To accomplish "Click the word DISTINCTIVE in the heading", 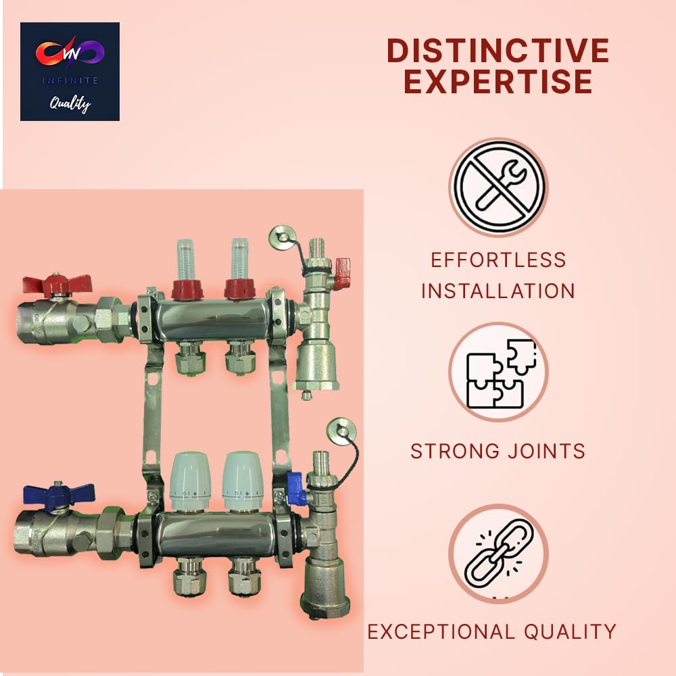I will coord(498,51).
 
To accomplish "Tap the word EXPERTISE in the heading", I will coord(498,82).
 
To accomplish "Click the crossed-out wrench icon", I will coord(498,187).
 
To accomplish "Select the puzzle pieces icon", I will coord(498,372).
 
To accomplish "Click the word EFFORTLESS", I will coord(498,260).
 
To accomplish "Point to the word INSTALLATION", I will coord(498,291).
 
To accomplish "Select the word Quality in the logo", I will coord(70,103).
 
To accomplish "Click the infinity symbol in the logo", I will coord(70,53).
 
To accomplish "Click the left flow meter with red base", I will coord(187,267).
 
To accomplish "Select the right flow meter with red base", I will coord(239,267).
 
